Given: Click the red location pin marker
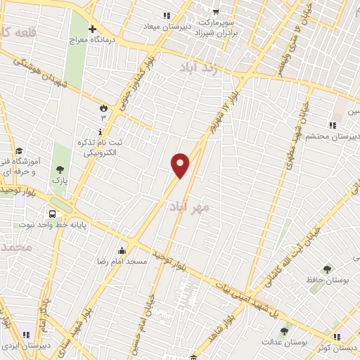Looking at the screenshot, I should pyautogui.click(x=181, y=166).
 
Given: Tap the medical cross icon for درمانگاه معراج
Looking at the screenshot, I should pyautogui.click(x=92, y=29).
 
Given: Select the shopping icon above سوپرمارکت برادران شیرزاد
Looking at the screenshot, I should pyautogui.click(x=216, y=11).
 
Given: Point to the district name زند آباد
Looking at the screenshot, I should pyautogui.click(x=200, y=67).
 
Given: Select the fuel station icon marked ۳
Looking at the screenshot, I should pyautogui.click(x=103, y=109).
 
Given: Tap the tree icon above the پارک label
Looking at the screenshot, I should pyautogui.click(x=60, y=169).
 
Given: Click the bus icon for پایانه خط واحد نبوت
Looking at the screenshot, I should pyautogui.click(x=52, y=214).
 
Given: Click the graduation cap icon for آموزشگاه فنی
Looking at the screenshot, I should pyautogui.click(x=19, y=151).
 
